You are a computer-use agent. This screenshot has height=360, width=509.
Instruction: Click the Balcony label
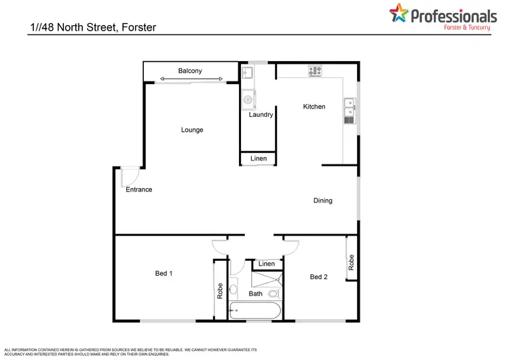tap(190, 71)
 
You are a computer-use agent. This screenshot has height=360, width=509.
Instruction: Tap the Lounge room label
tap(192, 130)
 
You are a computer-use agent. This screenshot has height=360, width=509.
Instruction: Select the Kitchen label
tap(314, 107)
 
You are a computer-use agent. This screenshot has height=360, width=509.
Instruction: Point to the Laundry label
tap(261, 115)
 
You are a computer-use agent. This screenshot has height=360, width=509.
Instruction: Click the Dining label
tap(323, 200)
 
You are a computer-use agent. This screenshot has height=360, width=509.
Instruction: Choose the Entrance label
tap(139, 190)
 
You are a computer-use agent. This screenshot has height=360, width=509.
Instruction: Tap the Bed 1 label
tap(164, 274)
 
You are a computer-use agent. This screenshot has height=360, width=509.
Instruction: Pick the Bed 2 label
tap(318, 276)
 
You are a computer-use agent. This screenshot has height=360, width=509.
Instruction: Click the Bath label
tap(255, 294)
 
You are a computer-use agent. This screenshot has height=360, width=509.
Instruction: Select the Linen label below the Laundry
tap(259, 159)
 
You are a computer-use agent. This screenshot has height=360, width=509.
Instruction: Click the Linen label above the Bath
tap(267, 264)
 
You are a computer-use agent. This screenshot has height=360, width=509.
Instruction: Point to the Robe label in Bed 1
tap(220, 291)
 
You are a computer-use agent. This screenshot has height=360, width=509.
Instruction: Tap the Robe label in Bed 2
tap(351, 263)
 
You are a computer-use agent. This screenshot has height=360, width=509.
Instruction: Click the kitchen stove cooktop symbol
tap(315, 70)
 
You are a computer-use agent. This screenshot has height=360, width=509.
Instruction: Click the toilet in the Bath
tap(273, 294)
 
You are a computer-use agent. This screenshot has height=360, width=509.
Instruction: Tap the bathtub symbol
tap(255, 312)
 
